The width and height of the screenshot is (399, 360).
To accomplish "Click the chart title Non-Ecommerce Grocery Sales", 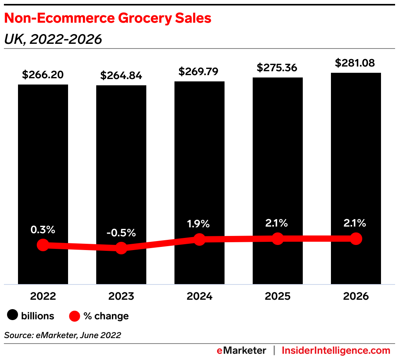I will pyautogui.click(x=108, y=18).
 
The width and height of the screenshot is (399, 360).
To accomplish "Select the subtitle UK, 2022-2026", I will pyautogui.click(x=53, y=39).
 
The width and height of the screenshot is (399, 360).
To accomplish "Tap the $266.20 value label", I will pyautogui.click(x=43, y=75).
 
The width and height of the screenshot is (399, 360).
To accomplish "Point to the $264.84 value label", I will pyautogui.click(x=121, y=76).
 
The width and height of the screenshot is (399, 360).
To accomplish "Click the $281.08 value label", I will pyautogui.click(x=356, y=63).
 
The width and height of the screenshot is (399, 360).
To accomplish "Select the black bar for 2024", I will pyautogui.click(x=199, y=157).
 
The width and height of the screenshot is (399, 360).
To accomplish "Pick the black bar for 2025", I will pyautogui.click(x=278, y=157).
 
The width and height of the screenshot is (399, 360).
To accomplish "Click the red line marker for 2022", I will pyautogui.click(x=43, y=245).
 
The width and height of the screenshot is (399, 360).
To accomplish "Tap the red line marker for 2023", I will pyautogui.click(x=121, y=248).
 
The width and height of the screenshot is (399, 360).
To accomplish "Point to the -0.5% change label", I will pyautogui.click(x=121, y=233).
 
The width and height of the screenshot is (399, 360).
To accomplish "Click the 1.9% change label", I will pyautogui.click(x=199, y=224).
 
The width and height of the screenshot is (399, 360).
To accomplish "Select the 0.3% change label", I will pyautogui.click(x=43, y=230).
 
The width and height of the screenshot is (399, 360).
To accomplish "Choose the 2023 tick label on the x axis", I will pyautogui.click(x=121, y=296).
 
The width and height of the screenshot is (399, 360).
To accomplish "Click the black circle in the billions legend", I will pyautogui.click(x=13, y=315).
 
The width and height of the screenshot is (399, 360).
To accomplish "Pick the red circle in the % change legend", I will pyautogui.click(x=74, y=315).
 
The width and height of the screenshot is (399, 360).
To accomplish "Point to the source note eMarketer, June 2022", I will pyautogui.click(x=63, y=335).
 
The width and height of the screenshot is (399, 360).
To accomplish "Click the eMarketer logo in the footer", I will pyautogui.click(x=241, y=350).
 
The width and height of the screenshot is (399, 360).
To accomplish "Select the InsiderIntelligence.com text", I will pyautogui.click(x=336, y=350).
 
